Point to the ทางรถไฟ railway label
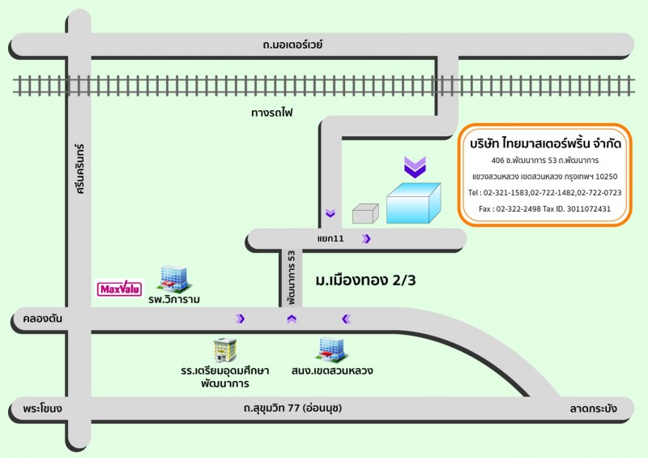point(273,113)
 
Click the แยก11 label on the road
point(330,239)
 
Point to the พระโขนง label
point(43,408)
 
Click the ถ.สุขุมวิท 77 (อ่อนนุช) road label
point(285,408)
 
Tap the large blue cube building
point(413,203)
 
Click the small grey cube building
point(365,212)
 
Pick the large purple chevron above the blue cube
point(415,168)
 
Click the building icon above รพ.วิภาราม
point(173,278)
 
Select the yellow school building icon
point(223,350)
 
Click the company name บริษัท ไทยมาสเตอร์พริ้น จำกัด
point(545,143)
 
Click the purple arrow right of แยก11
point(367,238)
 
